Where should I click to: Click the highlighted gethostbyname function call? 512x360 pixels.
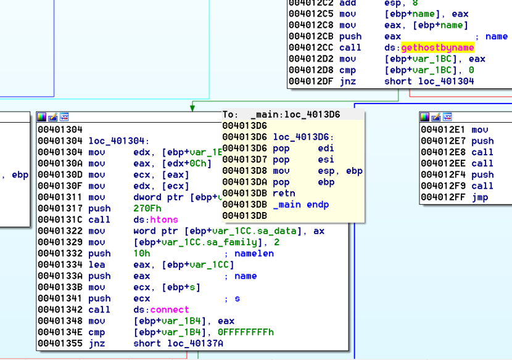pos(437,47)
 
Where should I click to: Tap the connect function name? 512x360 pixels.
pos(161,309)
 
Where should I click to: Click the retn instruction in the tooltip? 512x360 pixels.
pos(284,193)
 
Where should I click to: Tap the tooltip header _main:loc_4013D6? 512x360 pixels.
pos(295,115)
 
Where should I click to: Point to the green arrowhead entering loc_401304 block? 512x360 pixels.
pos(192,108)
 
